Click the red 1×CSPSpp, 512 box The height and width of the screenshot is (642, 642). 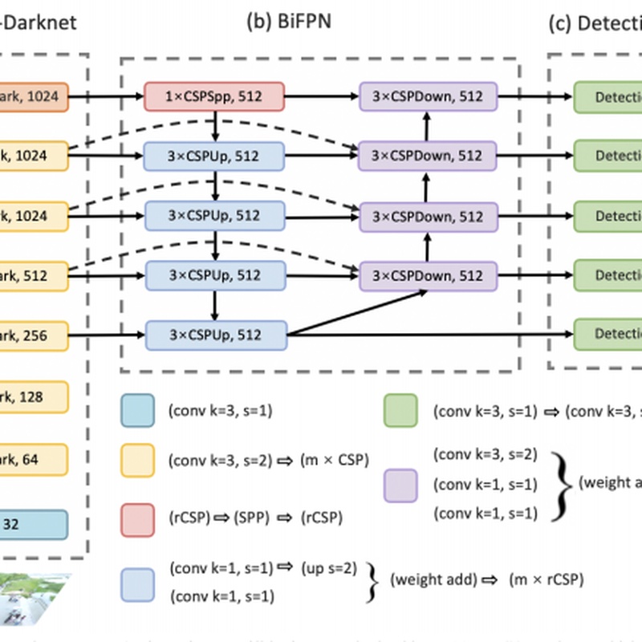(x=214, y=96)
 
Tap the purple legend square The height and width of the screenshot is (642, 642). (x=402, y=484)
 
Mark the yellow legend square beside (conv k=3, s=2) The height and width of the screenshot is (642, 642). (x=137, y=460)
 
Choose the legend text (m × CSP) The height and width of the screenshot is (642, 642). (x=336, y=461)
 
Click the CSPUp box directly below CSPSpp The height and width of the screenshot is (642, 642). (x=214, y=154)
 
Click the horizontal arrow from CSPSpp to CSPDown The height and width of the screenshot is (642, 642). (x=322, y=96)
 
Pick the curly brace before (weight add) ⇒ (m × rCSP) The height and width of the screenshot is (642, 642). (x=371, y=579)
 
